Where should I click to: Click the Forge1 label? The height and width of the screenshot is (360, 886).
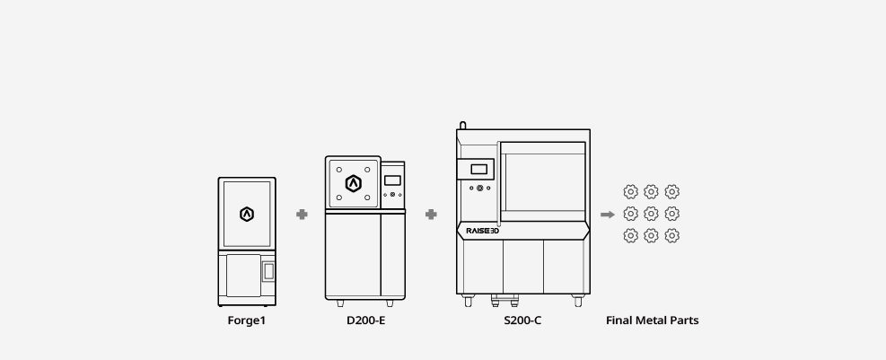point(246,320)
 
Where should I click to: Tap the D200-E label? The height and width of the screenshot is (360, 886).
point(366,320)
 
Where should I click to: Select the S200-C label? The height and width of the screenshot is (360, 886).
point(522,320)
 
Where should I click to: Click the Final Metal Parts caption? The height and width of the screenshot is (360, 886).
point(652,320)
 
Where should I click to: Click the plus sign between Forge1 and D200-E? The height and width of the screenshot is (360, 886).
point(302,215)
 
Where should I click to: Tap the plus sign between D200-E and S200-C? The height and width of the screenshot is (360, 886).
point(431,215)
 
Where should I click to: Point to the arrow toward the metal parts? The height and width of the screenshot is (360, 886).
point(608,215)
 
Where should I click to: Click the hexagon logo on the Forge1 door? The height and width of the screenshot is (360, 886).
point(247,215)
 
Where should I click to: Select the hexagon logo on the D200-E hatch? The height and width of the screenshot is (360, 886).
point(353,183)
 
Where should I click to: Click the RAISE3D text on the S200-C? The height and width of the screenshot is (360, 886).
point(483,231)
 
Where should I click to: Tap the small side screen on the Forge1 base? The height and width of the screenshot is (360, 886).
point(268,271)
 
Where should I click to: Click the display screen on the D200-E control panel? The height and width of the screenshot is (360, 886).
point(392,180)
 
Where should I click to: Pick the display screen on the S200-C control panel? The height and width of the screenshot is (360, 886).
point(478,169)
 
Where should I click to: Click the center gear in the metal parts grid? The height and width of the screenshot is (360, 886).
point(651,214)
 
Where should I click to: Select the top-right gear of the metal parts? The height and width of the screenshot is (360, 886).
point(671,192)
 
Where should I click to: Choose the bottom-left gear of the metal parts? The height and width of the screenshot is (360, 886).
point(630,235)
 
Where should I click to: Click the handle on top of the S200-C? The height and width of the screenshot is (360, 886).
point(463,125)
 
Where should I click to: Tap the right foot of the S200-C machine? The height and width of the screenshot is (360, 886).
point(578,301)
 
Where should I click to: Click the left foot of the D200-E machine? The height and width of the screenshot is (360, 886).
point(340,303)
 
